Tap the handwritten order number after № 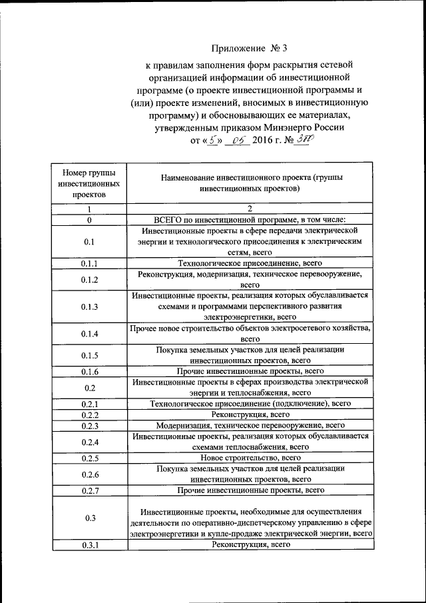pyautogui.click(x=305, y=141)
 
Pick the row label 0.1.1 pyautogui.click(x=89, y=264)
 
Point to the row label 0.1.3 pyautogui.click(x=89, y=306)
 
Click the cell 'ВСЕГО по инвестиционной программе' pyautogui.click(x=250, y=219)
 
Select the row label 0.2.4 pyautogui.click(x=89, y=442)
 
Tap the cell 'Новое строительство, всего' pyautogui.click(x=250, y=458)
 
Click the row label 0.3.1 pyautogui.click(x=89, y=546)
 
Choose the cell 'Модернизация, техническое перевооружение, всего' pyautogui.click(x=250, y=425)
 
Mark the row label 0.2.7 pyautogui.click(x=89, y=490)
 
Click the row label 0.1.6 pyautogui.click(x=89, y=370)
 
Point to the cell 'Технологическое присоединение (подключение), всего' pyautogui.click(x=250, y=403)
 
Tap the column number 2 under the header pyautogui.click(x=250, y=209)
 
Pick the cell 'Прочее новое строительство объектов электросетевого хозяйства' pyautogui.click(x=250, y=333)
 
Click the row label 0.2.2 pyautogui.click(x=89, y=414)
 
